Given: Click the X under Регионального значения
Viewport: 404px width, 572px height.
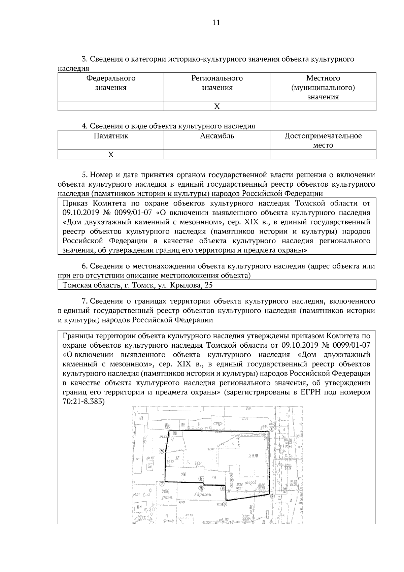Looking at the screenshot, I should pyautogui.click(x=217, y=106).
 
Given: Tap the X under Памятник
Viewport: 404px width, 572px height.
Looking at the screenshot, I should pyautogui.click(x=111, y=155).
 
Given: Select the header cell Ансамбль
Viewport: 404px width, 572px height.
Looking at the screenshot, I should pyautogui.click(x=217, y=136).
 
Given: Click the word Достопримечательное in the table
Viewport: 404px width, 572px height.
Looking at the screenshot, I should pyautogui.click(x=323, y=136).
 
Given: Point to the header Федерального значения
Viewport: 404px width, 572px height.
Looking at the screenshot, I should pyautogui.click(x=111, y=83).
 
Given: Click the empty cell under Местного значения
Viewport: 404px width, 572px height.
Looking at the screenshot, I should pyautogui.click(x=323, y=106).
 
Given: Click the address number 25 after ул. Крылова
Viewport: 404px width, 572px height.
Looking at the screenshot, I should pyautogui.click(x=209, y=285).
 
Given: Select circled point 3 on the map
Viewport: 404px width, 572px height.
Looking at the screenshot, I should pyautogui.click(x=225, y=504).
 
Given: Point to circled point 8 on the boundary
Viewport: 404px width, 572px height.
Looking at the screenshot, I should pyautogui.click(x=162, y=451).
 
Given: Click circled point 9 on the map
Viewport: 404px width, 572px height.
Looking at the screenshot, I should pyautogui.click(x=167, y=426).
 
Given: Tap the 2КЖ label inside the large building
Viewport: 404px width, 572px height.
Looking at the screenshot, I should pyautogui.click(x=253, y=456).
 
